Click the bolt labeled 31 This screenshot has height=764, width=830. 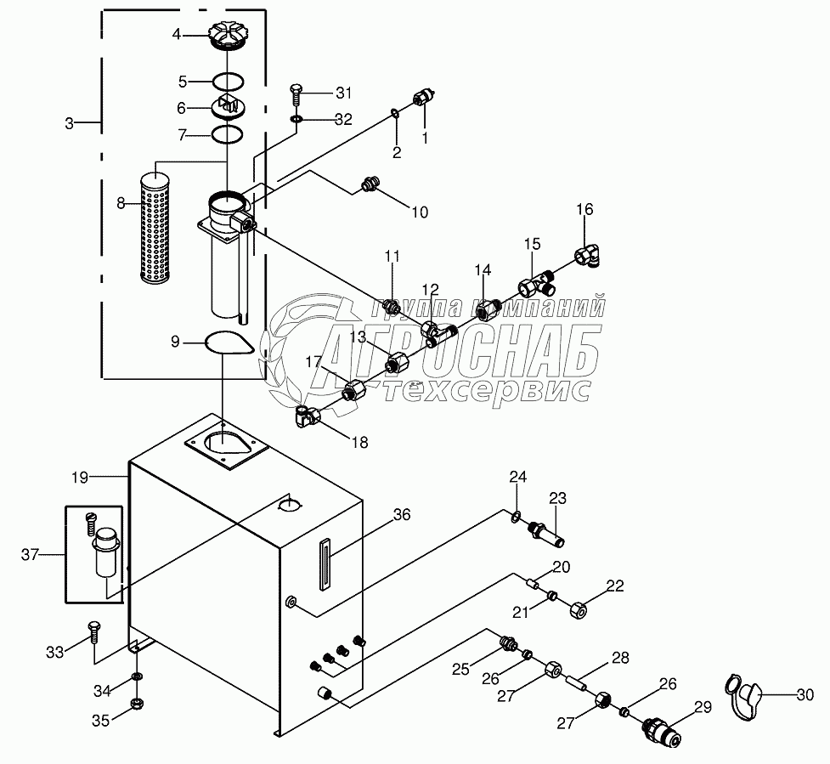(296, 93)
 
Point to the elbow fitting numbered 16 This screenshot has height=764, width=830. (588, 254)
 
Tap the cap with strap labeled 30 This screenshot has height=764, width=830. (742, 691)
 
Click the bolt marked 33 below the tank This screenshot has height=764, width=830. (93, 634)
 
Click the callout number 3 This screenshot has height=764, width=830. (70, 124)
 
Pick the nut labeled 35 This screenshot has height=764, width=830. (136, 704)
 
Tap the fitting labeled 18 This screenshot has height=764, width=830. (307, 416)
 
